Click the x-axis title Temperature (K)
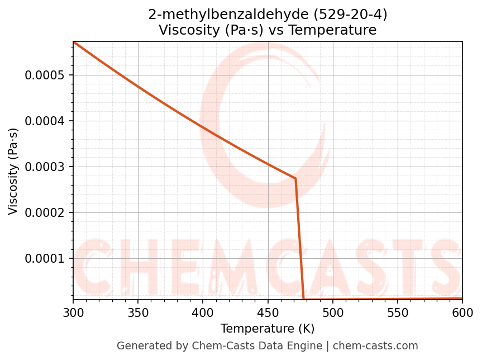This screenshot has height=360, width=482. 268,329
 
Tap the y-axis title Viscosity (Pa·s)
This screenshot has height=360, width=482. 13,171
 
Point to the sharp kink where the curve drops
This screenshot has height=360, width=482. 295,178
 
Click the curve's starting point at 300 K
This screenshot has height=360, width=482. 73,42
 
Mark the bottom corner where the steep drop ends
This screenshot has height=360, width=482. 304,299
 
